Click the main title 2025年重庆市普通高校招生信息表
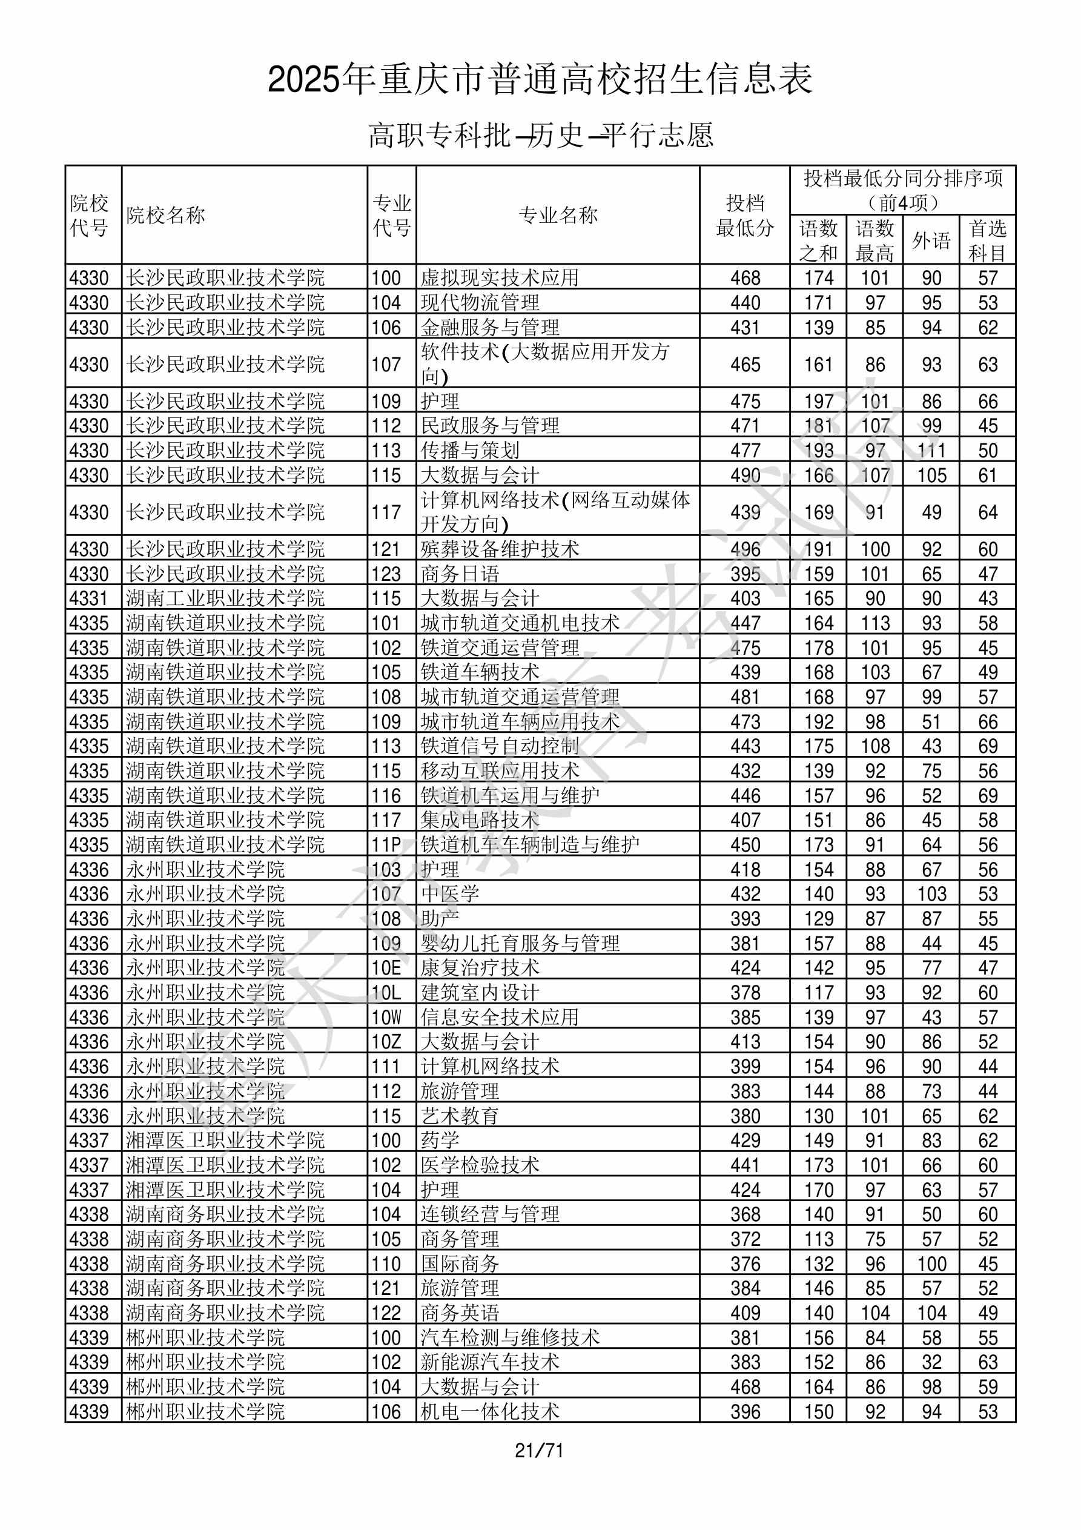point(540,79)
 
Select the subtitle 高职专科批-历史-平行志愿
point(540,135)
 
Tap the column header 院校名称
point(166,215)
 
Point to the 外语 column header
point(931,240)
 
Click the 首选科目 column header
point(987,240)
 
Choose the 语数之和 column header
point(818,240)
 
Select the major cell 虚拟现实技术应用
point(499,278)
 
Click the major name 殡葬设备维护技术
point(500,549)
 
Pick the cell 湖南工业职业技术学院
point(225,598)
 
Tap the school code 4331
point(88,598)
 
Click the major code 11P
point(386,845)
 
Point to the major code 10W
point(386,1018)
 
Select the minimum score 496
point(745,549)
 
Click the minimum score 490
point(745,475)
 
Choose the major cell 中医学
point(450,893)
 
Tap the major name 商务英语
point(460,1313)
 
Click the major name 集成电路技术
point(480,820)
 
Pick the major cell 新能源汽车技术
point(490,1362)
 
